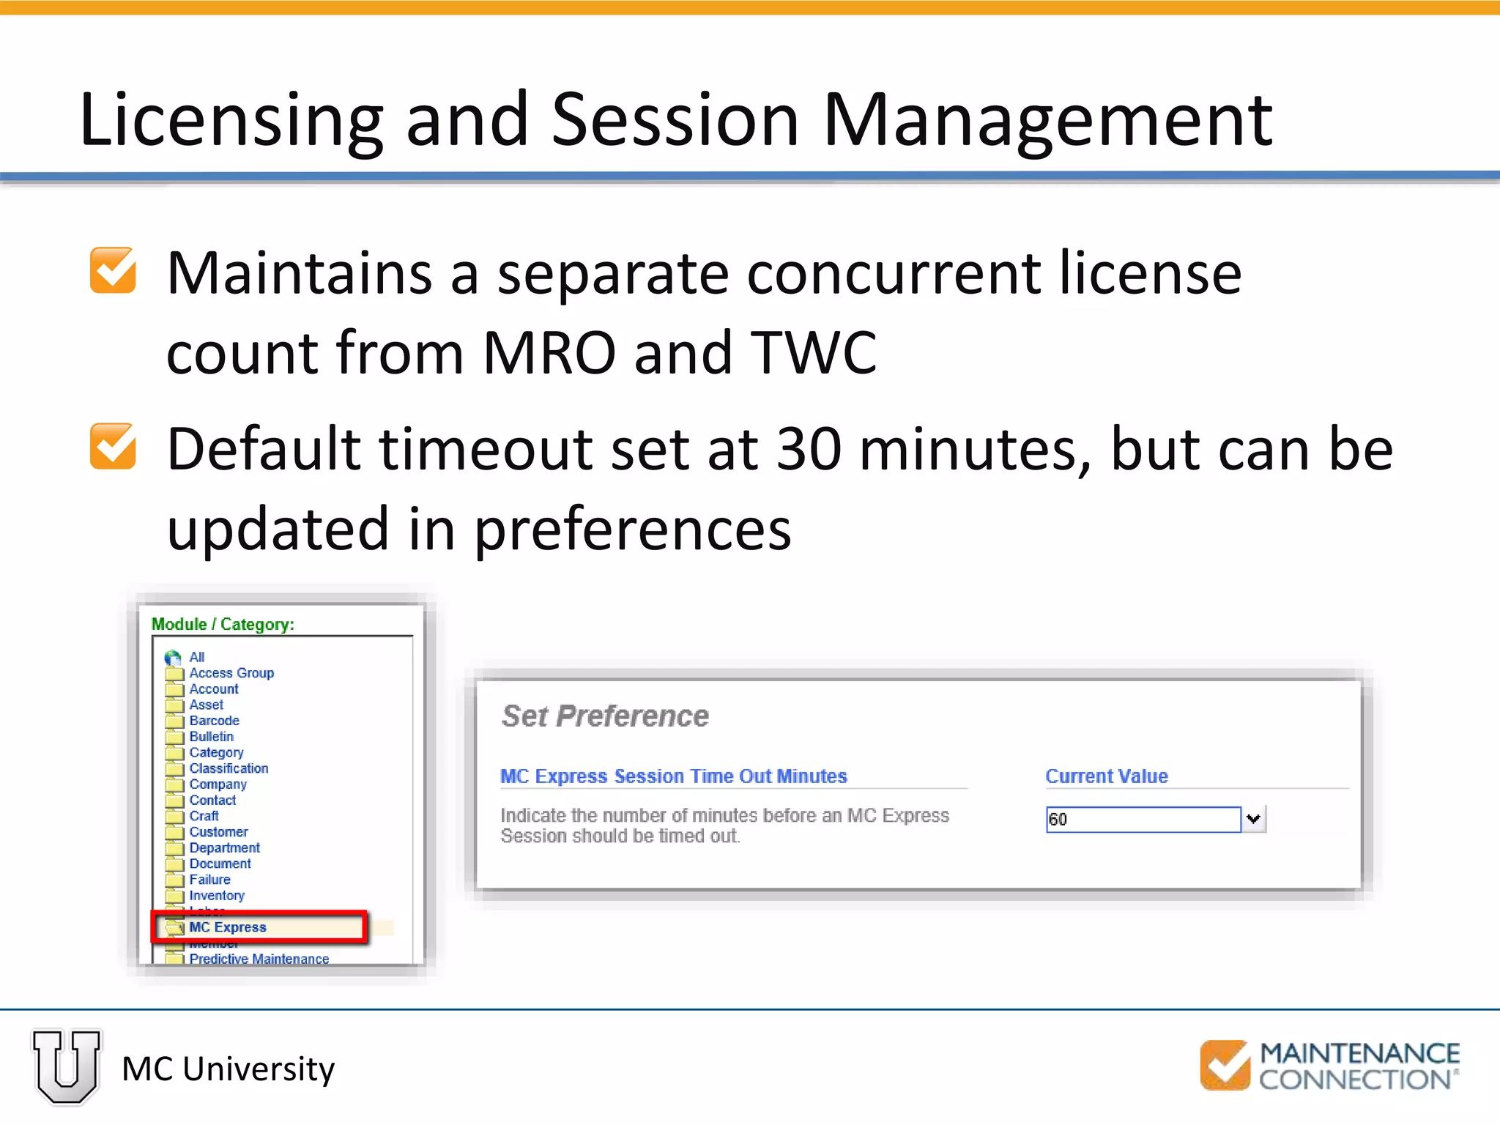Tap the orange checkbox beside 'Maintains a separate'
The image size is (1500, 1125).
(113, 271)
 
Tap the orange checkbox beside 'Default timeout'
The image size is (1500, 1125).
(113, 446)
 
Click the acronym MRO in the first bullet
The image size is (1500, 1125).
(549, 353)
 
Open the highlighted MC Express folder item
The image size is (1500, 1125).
(228, 927)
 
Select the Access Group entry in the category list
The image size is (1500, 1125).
(231, 673)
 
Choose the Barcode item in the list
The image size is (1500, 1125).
(214, 721)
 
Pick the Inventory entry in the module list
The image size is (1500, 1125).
(217, 896)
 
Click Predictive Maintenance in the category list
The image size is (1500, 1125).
(259, 959)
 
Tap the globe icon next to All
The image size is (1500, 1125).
(173, 657)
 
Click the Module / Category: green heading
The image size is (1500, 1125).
(223, 625)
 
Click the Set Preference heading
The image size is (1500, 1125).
(605, 716)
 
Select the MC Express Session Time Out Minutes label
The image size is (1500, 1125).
(673, 776)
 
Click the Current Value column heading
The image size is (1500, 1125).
(1106, 776)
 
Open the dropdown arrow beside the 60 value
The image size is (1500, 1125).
(1254, 819)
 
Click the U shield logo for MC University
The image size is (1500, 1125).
(67, 1066)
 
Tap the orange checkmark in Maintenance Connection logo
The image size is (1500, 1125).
(1225, 1066)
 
